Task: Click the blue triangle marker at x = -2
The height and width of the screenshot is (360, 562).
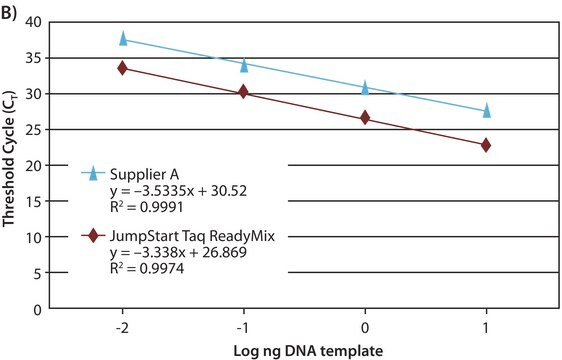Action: [x=123, y=39]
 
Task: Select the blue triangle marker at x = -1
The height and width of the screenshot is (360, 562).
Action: [x=244, y=65]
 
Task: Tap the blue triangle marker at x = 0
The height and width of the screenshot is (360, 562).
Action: [x=365, y=88]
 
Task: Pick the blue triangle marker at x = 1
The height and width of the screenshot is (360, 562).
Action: [x=487, y=110]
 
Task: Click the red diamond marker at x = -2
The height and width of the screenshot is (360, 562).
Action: [x=123, y=68]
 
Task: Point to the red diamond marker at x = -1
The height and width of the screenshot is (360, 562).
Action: [x=244, y=92]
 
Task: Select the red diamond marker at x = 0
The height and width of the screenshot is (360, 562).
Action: [x=365, y=118]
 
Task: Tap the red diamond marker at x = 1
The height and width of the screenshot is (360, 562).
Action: [x=487, y=145]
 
